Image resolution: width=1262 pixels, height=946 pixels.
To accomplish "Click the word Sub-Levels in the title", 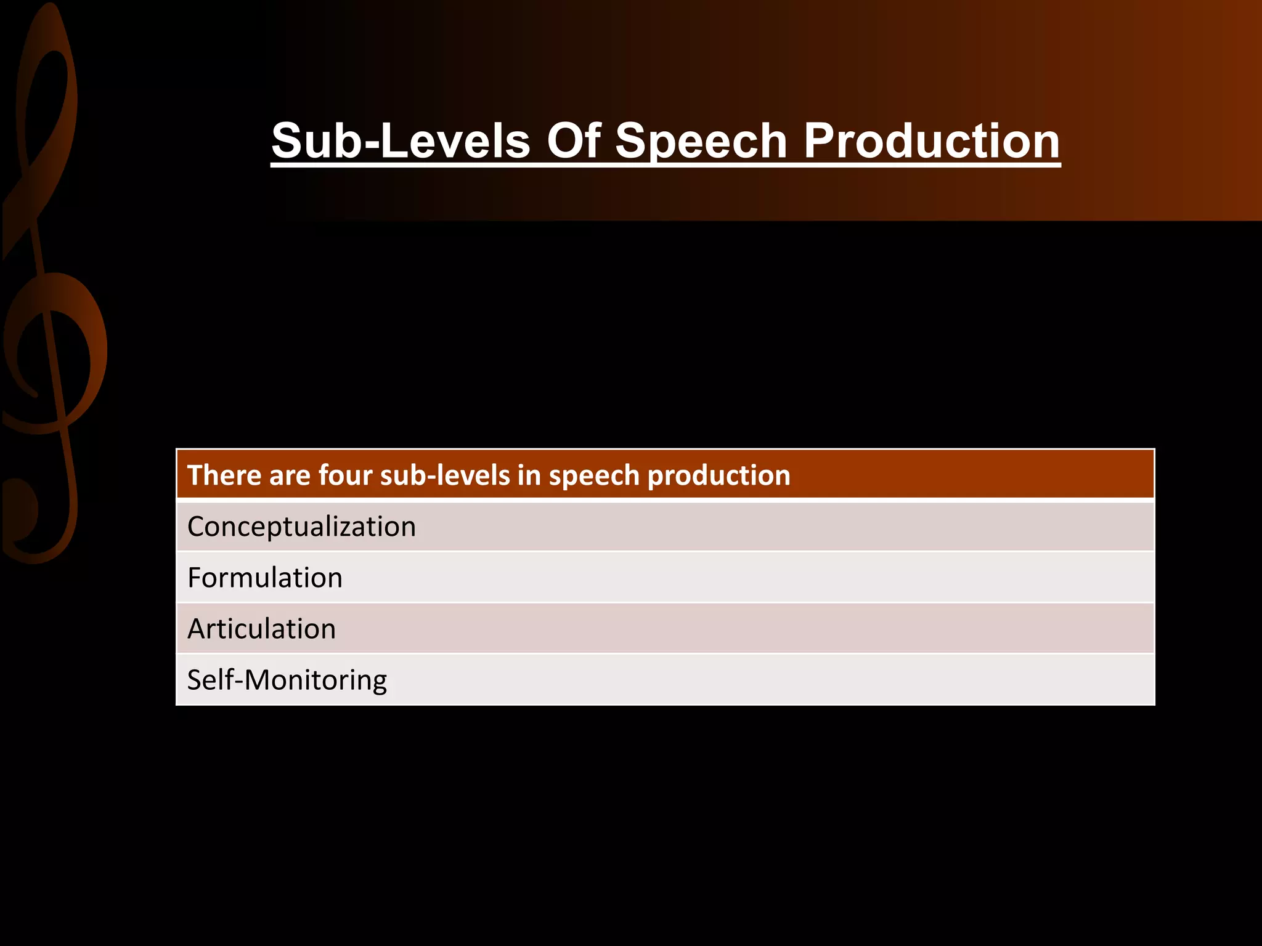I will pyautogui.click(x=401, y=140).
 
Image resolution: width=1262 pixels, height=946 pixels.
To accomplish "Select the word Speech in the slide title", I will pyautogui.click(x=701, y=142).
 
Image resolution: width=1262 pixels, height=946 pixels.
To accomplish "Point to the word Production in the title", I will pyautogui.click(x=932, y=140).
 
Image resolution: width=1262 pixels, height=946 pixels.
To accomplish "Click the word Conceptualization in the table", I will pyautogui.click(x=301, y=527).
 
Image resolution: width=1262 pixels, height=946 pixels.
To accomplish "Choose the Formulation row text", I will pyautogui.click(x=265, y=578).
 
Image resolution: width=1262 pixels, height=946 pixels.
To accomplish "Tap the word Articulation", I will pyautogui.click(x=261, y=629).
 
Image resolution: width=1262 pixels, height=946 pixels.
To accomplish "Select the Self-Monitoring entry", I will pyautogui.click(x=287, y=681).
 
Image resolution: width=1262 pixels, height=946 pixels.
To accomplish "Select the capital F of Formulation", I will pyautogui.click(x=194, y=578).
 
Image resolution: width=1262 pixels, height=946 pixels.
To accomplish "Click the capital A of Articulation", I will pyautogui.click(x=197, y=629).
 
